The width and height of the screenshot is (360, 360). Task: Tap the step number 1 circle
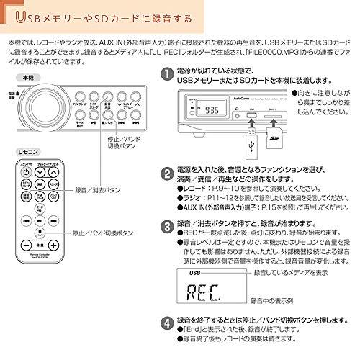pos(168,74)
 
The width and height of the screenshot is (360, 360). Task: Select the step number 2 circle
pos(168,173)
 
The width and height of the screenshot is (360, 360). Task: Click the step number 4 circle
pos(168,322)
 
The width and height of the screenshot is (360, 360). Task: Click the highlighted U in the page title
pos(21,15)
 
